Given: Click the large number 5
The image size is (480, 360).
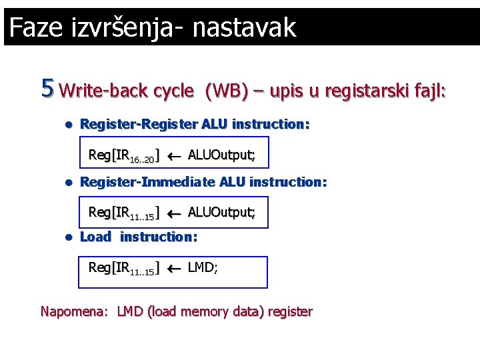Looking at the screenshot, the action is [x=47, y=87].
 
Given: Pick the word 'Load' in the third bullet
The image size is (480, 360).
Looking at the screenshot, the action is [x=95, y=237].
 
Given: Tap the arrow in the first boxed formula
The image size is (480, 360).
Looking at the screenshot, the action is [x=174, y=156].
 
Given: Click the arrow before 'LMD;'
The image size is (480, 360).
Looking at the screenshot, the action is [x=174, y=268].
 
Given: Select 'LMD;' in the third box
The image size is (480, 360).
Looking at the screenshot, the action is [x=203, y=267].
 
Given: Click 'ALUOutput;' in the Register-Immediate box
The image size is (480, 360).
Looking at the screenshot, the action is [x=221, y=212].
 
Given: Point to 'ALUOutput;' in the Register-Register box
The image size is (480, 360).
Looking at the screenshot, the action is [x=221, y=155].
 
